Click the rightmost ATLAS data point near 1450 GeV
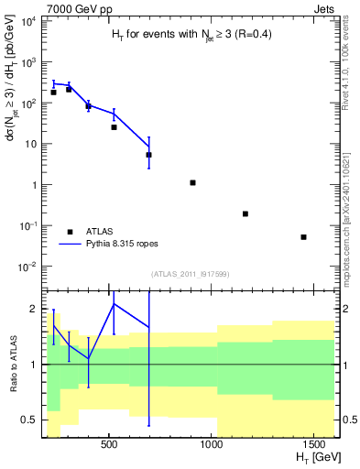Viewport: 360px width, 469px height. point(303,237)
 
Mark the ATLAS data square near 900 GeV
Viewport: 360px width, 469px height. point(192,182)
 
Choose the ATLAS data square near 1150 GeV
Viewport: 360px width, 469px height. point(245,213)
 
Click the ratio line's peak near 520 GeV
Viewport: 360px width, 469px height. point(114,303)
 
